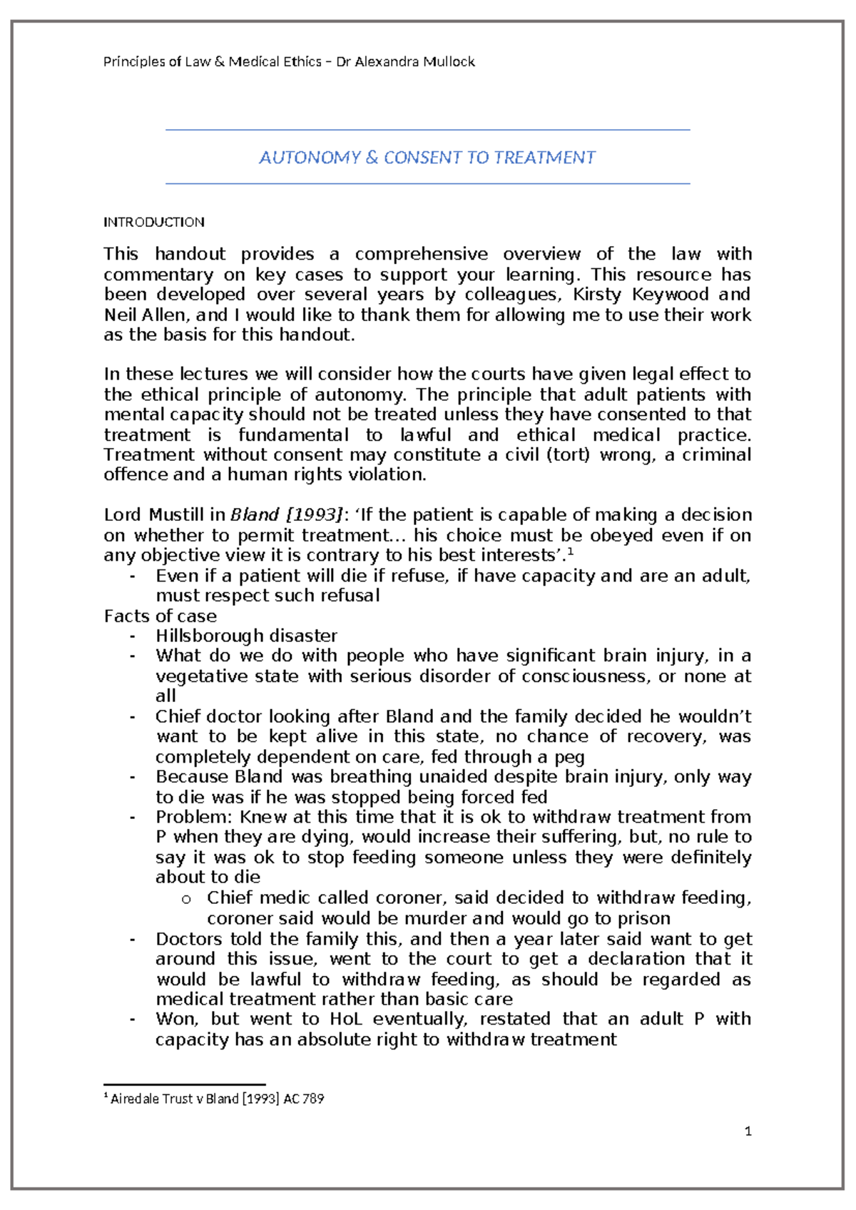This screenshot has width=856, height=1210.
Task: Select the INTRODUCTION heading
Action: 154,223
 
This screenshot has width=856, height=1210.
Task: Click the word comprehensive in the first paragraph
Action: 421,255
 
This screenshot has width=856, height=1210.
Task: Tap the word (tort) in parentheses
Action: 568,455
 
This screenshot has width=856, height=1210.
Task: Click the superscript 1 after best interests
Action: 571,551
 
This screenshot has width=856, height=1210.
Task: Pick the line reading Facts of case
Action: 160,616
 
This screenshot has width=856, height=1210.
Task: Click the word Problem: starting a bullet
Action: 194,817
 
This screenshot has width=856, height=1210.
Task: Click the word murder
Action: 434,918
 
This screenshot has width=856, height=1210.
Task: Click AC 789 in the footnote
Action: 303,1099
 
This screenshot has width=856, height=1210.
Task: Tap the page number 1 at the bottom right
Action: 748,1132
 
